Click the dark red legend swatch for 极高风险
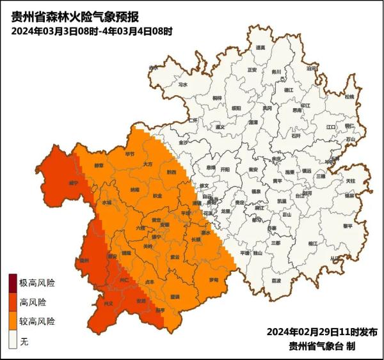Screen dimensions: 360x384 [12, 283]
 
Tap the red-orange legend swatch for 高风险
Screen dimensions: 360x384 [12, 302]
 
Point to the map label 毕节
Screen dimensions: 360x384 [130, 154]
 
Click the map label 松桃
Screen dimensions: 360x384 [349, 97]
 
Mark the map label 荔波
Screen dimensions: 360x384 [276, 280]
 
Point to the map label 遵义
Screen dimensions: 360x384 [221, 127]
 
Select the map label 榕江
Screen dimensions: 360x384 [312, 243]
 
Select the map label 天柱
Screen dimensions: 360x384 [351, 181]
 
